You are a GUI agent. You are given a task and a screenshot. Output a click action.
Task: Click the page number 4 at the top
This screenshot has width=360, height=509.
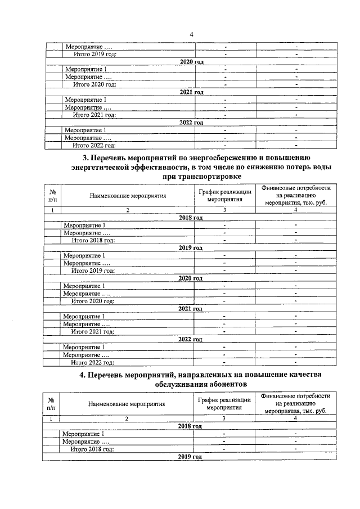191,35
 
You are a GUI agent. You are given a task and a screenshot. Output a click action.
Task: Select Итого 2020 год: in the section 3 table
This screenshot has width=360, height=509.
92,301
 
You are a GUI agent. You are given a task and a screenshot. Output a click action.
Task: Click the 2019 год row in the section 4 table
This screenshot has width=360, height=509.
190,457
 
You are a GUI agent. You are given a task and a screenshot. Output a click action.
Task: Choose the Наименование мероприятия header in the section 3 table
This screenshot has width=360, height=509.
127,196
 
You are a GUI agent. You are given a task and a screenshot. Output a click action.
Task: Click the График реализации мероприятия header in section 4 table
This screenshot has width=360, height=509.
224,403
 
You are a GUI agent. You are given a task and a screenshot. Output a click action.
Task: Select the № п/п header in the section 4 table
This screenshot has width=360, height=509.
51,403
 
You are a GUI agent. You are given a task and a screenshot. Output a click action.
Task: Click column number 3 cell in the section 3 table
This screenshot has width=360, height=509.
224,210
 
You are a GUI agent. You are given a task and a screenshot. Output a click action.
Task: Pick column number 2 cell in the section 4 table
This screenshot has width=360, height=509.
127,418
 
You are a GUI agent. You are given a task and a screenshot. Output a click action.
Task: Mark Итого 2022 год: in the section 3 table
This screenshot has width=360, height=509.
92,362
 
